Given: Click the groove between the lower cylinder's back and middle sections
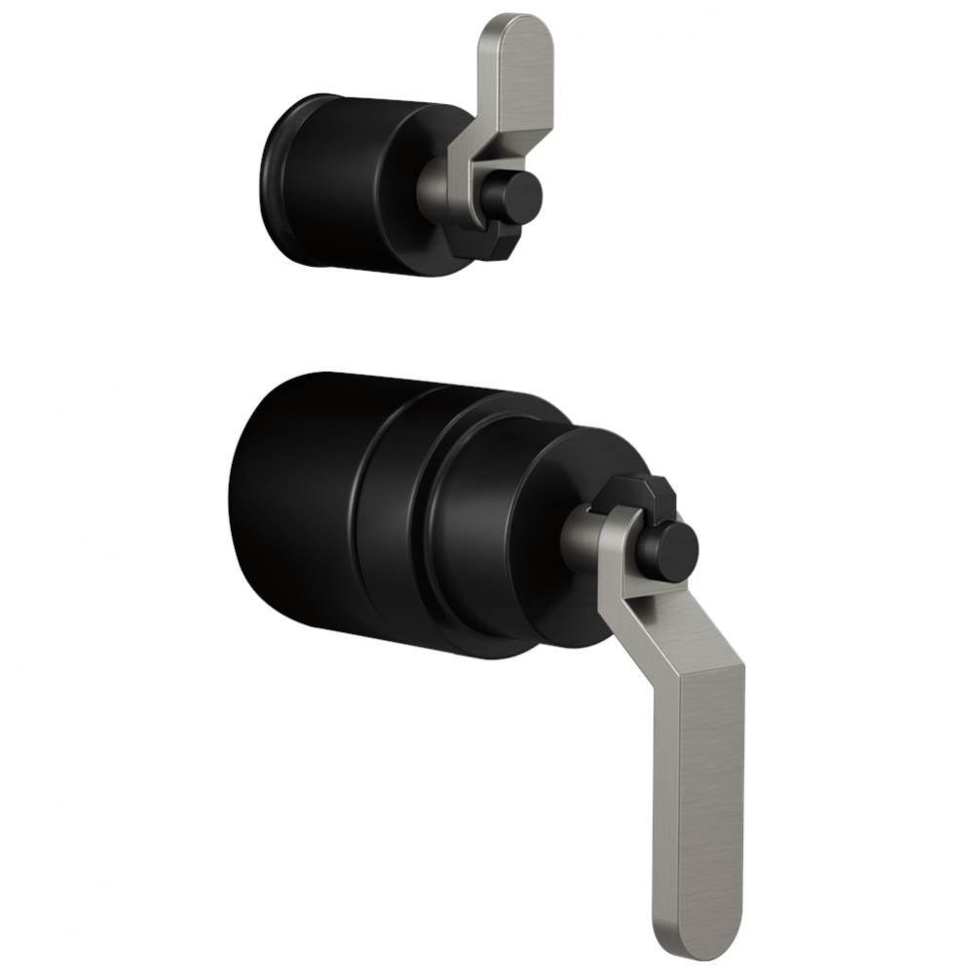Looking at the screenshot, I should pos(356,516).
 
